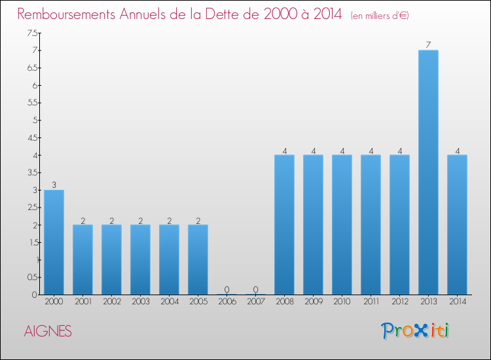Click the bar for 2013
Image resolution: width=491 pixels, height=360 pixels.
[x=428, y=172]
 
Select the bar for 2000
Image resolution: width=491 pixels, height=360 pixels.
[x=54, y=242]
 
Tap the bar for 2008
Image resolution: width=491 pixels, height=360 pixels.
[x=284, y=225]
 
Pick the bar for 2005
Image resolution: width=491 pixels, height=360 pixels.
[x=198, y=259]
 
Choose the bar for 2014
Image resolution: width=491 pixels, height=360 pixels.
[x=457, y=225]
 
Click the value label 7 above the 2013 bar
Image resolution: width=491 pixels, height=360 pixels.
[x=428, y=45]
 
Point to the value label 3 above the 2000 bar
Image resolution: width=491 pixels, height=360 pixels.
[x=54, y=185]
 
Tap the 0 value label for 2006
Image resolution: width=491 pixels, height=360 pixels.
[x=227, y=289]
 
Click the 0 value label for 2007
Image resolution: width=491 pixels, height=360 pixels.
[x=255, y=289]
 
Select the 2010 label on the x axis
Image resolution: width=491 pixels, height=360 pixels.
[x=342, y=302]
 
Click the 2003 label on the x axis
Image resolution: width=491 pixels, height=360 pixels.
[x=140, y=302]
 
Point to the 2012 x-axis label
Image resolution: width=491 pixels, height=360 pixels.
[x=399, y=302]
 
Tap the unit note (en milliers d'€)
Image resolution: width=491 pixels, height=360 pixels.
[x=380, y=15]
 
